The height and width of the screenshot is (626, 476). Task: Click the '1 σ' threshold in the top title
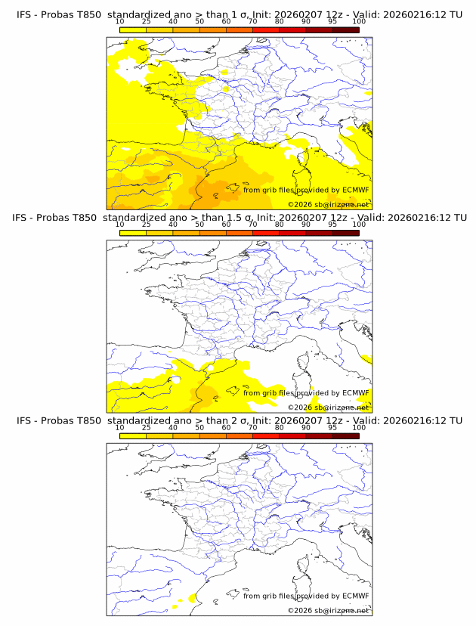click(x=244, y=14)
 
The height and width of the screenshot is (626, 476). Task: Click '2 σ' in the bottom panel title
click(x=244, y=420)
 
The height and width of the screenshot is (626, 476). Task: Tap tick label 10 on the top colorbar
click(x=119, y=22)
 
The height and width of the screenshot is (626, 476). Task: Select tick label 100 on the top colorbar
click(x=359, y=22)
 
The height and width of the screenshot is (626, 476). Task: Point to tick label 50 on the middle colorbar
click(x=199, y=225)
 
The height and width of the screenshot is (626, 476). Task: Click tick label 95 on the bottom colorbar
click(x=332, y=427)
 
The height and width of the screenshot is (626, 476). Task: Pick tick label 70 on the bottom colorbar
click(x=252, y=427)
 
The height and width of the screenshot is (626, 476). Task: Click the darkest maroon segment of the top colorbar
click(x=345, y=29)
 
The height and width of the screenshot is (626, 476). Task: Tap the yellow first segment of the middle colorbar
click(x=132, y=232)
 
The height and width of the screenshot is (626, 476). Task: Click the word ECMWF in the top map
click(x=356, y=190)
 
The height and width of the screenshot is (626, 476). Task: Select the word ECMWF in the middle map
click(x=356, y=392)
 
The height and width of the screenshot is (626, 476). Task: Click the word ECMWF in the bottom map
click(x=356, y=596)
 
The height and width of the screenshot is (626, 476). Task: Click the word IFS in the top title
click(x=24, y=14)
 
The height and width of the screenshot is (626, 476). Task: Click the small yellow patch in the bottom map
click(x=193, y=598)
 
